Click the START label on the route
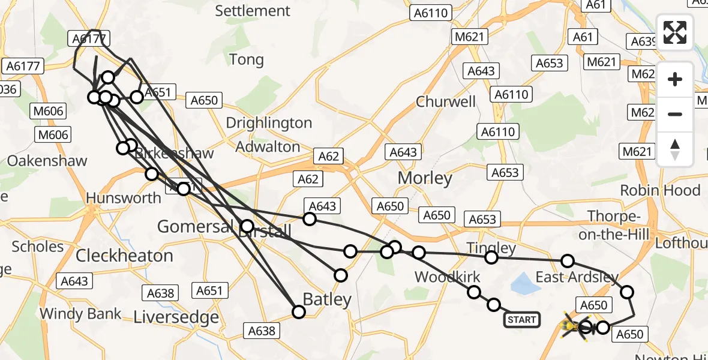click(x=521, y=320)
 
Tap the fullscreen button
click(x=675, y=32)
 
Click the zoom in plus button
click(x=675, y=79)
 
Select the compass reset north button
click(x=675, y=149)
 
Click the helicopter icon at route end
click(x=570, y=326)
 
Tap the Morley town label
click(x=425, y=178)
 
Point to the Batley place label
click(x=327, y=299)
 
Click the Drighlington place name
click(x=269, y=123)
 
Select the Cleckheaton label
click(x=124, y=256)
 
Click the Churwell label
click(x=446, y=101)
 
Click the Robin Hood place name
click(x=660, y=191)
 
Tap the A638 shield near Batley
click(x=261, y=330)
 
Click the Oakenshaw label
click(x=47, y=161)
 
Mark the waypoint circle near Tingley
click(x=491, y=257)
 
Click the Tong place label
click(x=247, y=59)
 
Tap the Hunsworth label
click(x=124, y=197)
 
